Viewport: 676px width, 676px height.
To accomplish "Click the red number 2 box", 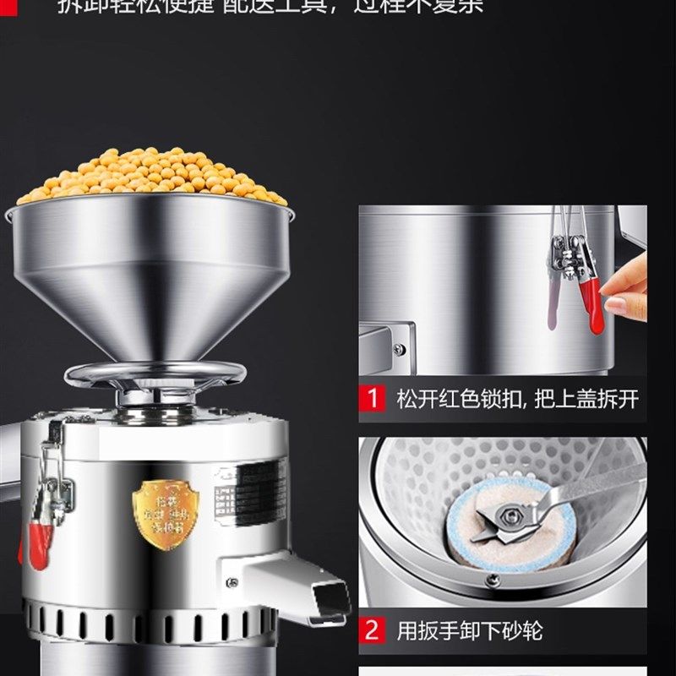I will pyautogui.click(x=372, y=630).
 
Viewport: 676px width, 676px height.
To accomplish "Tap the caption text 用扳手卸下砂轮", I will pyautogui.click(x=469, y=630).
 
